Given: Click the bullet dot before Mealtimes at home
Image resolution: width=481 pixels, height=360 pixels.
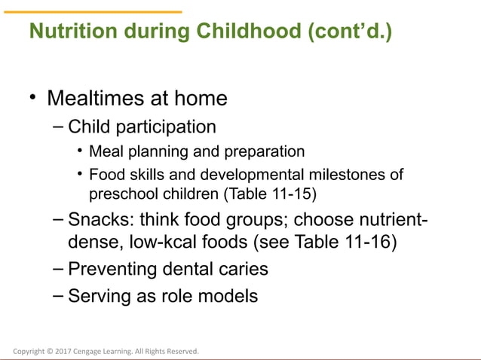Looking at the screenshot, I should tap(32, 98).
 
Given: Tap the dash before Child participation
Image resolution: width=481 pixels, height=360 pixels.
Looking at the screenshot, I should tap(59, 126).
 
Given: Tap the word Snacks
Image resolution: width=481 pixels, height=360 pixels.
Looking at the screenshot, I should tap(96, 221).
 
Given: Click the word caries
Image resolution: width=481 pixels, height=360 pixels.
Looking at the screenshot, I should tap(244, 269).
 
